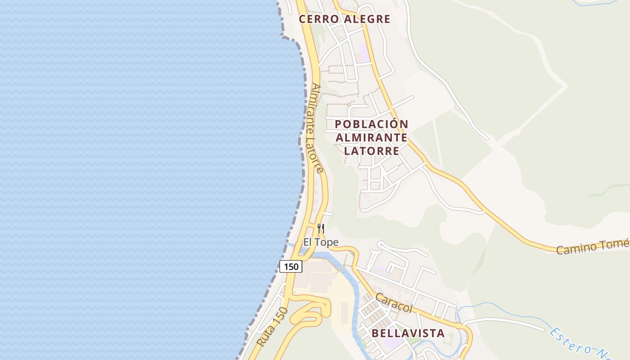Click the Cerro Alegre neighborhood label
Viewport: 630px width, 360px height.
[344, 19]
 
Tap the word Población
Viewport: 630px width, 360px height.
[371, 124]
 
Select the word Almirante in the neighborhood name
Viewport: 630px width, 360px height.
[371, 137]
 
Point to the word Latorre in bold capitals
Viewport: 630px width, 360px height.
[371, 151]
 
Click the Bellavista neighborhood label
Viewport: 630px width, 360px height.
[408, 333]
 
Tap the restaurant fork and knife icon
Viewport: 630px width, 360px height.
[321, 229]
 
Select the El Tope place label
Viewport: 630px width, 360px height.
[320, 243]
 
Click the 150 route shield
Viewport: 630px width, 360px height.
[291, 266]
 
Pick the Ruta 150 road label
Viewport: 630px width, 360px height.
[272, 327]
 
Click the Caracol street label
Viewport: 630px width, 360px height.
[394, 303]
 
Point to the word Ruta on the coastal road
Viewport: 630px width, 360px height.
[265, 338]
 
